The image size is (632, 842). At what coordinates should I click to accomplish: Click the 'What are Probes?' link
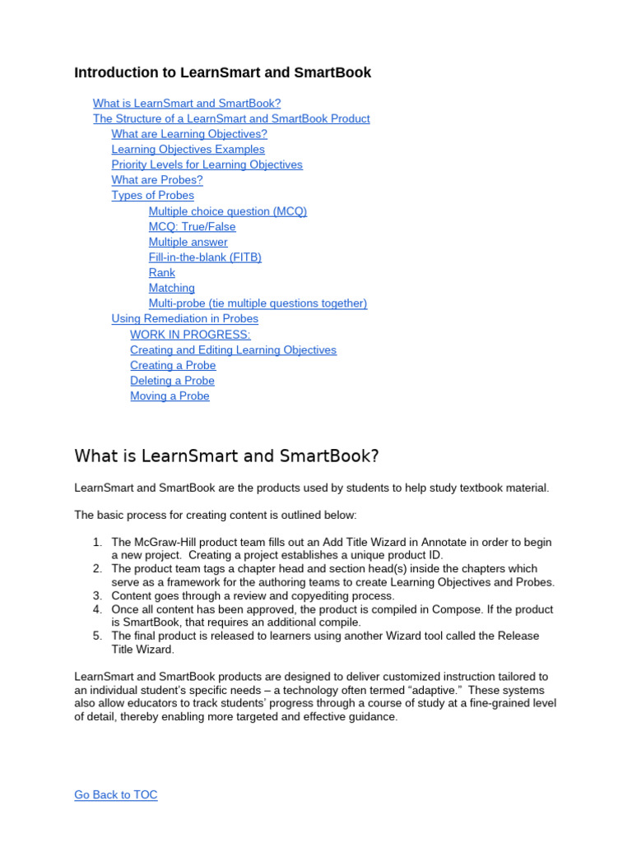(x=157, y=180)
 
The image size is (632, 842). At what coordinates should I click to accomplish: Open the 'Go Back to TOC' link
(x=115, y=794)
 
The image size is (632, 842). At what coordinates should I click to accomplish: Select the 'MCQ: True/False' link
(x=192, y=226)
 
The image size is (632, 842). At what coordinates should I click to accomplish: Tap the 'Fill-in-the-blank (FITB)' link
(x=205, y=257)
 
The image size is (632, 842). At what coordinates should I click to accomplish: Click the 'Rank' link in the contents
(x=161, y=273)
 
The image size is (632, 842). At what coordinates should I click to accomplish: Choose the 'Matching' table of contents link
(x=171, y=288)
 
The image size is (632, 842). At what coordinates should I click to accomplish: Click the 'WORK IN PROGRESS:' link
(x=190, y=335)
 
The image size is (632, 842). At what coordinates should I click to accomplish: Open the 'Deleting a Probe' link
(x=172, y=381)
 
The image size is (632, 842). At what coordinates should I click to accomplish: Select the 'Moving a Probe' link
(x=170, y=396)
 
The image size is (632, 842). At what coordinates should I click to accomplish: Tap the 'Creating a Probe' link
(x=173, y=365)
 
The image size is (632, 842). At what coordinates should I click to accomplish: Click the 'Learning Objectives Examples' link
(x=188, y=150)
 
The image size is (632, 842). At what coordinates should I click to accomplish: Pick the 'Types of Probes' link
(x=152, y=196)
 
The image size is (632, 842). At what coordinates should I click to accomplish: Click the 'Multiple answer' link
(x=188, y=242)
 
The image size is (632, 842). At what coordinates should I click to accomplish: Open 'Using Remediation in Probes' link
(x=184, y=319)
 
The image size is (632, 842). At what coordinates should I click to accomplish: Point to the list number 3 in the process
(x=96, y=595)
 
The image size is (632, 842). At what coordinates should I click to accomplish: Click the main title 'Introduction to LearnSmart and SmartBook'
(x=222, y=72)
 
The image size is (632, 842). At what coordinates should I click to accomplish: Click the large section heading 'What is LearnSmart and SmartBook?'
(x=226, y=456)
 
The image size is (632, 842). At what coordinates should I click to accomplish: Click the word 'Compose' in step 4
(x=445, y=609)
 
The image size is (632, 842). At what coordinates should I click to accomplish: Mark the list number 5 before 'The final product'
(x=96, y=636)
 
